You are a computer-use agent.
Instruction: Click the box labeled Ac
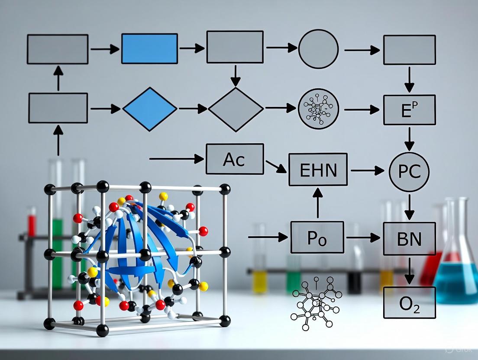[x=235, y=159]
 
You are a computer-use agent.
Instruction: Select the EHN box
[x=318, y=170]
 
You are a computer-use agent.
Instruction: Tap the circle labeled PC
[x=409, y=172]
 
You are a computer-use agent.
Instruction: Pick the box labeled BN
[x=409, y=238]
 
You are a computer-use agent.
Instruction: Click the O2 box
[x=409, y=302]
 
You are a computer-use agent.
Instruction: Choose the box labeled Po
[x=317, y=237]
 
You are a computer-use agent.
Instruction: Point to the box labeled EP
[x=409, y=110]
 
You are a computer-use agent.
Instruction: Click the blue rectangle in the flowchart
[x=149, y=48]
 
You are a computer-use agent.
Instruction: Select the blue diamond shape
[x=150, y=109]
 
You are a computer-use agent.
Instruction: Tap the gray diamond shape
[x=236, y=109]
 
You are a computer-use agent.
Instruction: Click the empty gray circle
[x=318, y=49]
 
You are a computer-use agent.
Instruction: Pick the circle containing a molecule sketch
[x=318, y=109]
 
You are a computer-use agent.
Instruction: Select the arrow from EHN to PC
[x=367, y=171]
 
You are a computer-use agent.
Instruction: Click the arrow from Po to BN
[x=364, y=238]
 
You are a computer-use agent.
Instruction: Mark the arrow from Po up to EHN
[x=318, y=203]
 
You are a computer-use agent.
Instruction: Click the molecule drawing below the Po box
[x=315, y=302]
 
